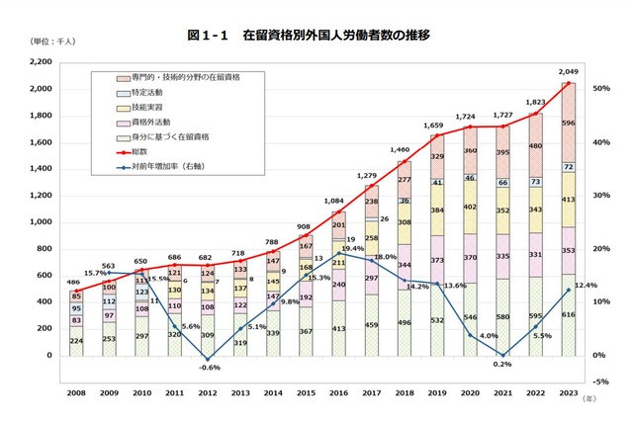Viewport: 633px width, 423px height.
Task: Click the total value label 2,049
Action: tap(568, 71)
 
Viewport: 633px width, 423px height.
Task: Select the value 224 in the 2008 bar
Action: tap(76, 340)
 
